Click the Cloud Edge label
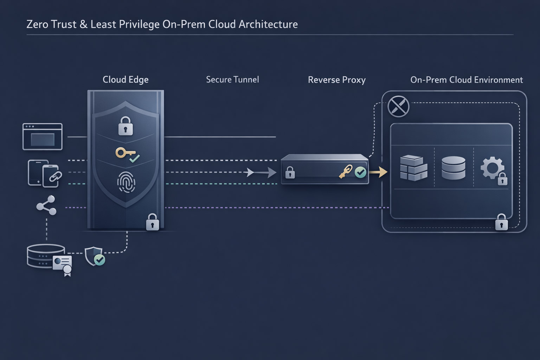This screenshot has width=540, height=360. [x=126, y=80]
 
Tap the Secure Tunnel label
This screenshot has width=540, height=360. [x=232, y=80]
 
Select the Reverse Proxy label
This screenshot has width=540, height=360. [x=336, y=80]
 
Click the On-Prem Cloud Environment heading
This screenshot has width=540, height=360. [x=466, y=80]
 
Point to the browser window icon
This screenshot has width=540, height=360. [x=43, y=137]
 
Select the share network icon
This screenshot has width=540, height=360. [x=46, y=205]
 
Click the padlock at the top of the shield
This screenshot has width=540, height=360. [x=126, y=126]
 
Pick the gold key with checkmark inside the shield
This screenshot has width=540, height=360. [x=127, y=155]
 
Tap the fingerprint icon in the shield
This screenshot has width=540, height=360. [x=126, y=182]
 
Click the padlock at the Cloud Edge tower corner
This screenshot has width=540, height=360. [x=152, y=222]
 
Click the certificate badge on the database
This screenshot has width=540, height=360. [x=63, y=264]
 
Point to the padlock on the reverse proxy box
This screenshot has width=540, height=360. [x=290, y=173]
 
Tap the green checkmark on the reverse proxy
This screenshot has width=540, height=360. [x=360, y=172]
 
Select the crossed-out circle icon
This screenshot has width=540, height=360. [x=398, y=106]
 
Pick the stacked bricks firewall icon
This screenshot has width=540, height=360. [x=413, y=168]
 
